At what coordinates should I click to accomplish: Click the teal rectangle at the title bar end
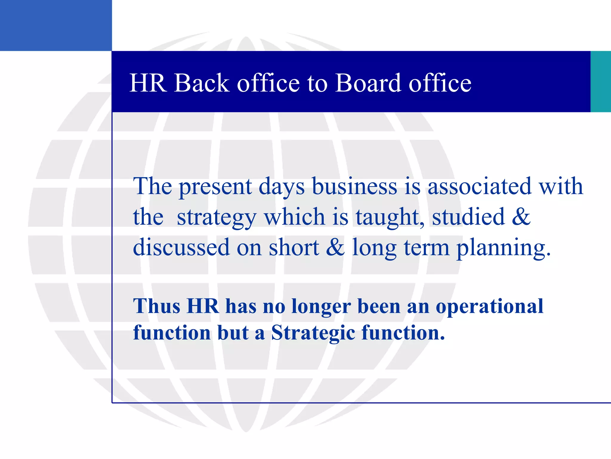click(601, 81)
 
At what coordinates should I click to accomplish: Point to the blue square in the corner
click(56, 25)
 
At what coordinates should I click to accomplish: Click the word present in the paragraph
click(215, 187)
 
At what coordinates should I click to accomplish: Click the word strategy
click(217, 218)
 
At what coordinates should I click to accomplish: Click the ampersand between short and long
click(335, 247)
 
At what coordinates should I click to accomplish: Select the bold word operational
click(489, 307)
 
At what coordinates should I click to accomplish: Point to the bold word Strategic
click(313, 333)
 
